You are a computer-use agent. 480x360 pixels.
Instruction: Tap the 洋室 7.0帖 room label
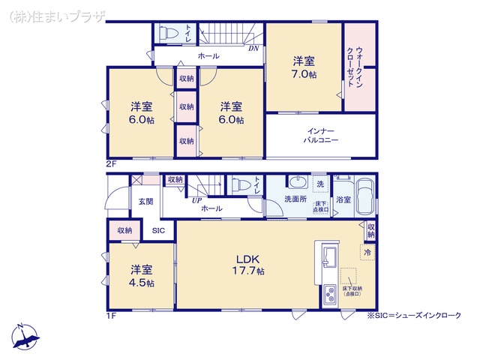click(303, 68)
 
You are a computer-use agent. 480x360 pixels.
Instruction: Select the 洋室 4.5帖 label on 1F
click(141, 276)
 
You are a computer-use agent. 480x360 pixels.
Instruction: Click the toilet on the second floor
click(166, 34)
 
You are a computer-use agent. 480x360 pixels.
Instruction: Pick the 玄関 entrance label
click(145, 201)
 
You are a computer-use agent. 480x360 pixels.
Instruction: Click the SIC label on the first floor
click(159, 231)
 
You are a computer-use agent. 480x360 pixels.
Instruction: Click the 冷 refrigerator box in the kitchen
click(367, 253)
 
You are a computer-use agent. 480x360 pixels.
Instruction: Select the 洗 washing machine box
click(319, 184)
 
